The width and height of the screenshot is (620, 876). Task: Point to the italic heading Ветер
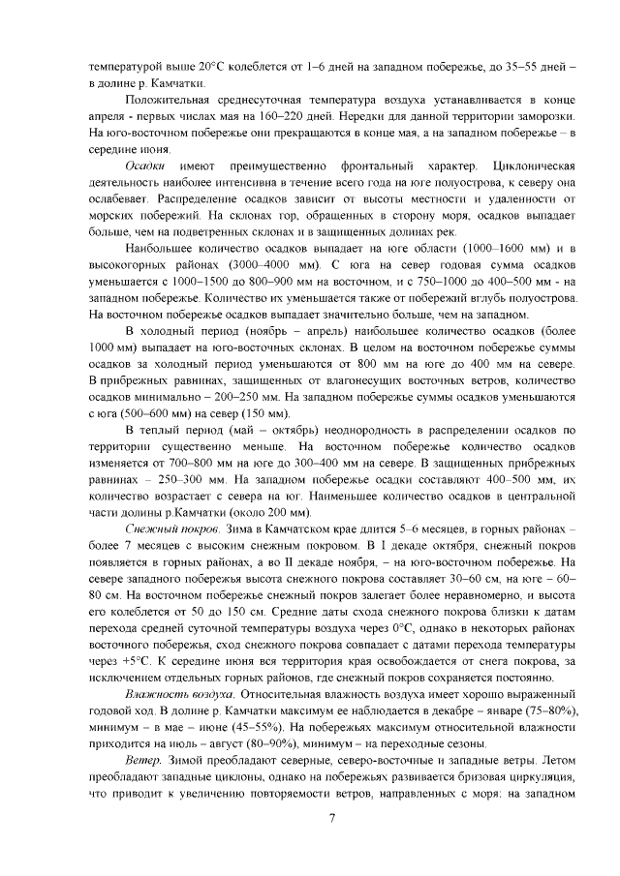click(x=143, y=760)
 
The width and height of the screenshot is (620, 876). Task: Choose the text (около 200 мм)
click(x=268, y=509)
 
